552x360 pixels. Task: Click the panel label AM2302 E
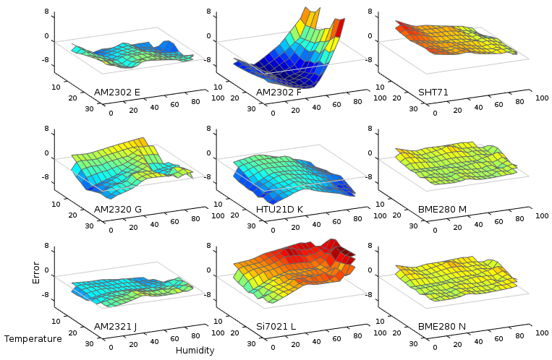[x=117, y=92]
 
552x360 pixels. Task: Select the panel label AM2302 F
[x=279, y=92]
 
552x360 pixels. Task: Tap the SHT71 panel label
[x=433, y=92]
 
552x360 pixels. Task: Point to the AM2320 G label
[x=117, y=209]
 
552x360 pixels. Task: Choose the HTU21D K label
[x=279, y=209]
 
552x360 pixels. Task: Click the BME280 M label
[x=442, y=209]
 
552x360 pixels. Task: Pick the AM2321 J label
[x=116, y=326]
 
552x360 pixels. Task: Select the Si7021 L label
[x=276, y=326]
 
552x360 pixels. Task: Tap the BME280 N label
[x=442, y=326]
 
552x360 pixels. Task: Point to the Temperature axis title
[x=33, y=338]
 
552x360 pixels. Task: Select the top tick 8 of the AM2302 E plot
[x=46, y=12]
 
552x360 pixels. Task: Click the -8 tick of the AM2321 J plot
[x=44, y=295]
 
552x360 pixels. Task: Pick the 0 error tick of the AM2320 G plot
[x=46, y=153]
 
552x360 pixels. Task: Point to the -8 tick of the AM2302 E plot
[x=44, y=61]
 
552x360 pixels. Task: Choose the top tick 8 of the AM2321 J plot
[x=46, y=246]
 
